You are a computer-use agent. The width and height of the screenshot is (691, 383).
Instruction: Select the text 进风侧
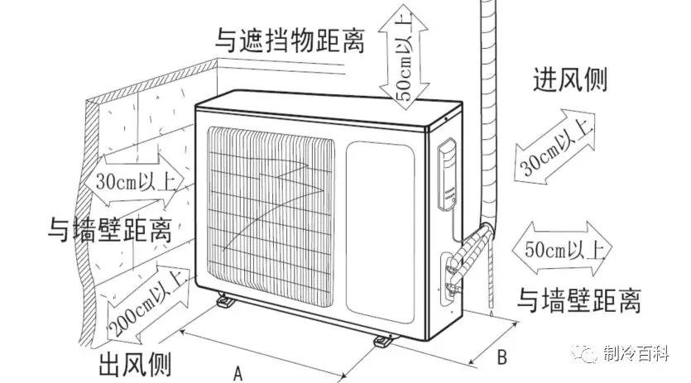point(570,79)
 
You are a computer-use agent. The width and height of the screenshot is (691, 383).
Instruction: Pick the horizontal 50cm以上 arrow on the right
point(561,247)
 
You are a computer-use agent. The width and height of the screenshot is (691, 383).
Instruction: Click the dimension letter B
point(501,358)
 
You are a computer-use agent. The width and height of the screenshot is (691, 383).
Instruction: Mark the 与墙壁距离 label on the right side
point(579,300)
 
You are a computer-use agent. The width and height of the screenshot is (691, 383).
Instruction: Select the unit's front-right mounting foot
point(383,340)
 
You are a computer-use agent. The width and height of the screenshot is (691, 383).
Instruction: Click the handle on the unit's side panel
point(447,174)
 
